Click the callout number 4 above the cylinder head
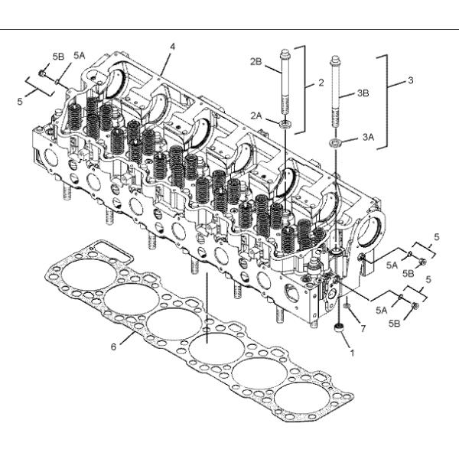(172, 47)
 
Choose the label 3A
(368, 138)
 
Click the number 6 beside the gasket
(113, 347)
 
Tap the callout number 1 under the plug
(351, 354)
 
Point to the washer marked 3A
(335, 142)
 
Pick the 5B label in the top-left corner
(58, 57)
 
